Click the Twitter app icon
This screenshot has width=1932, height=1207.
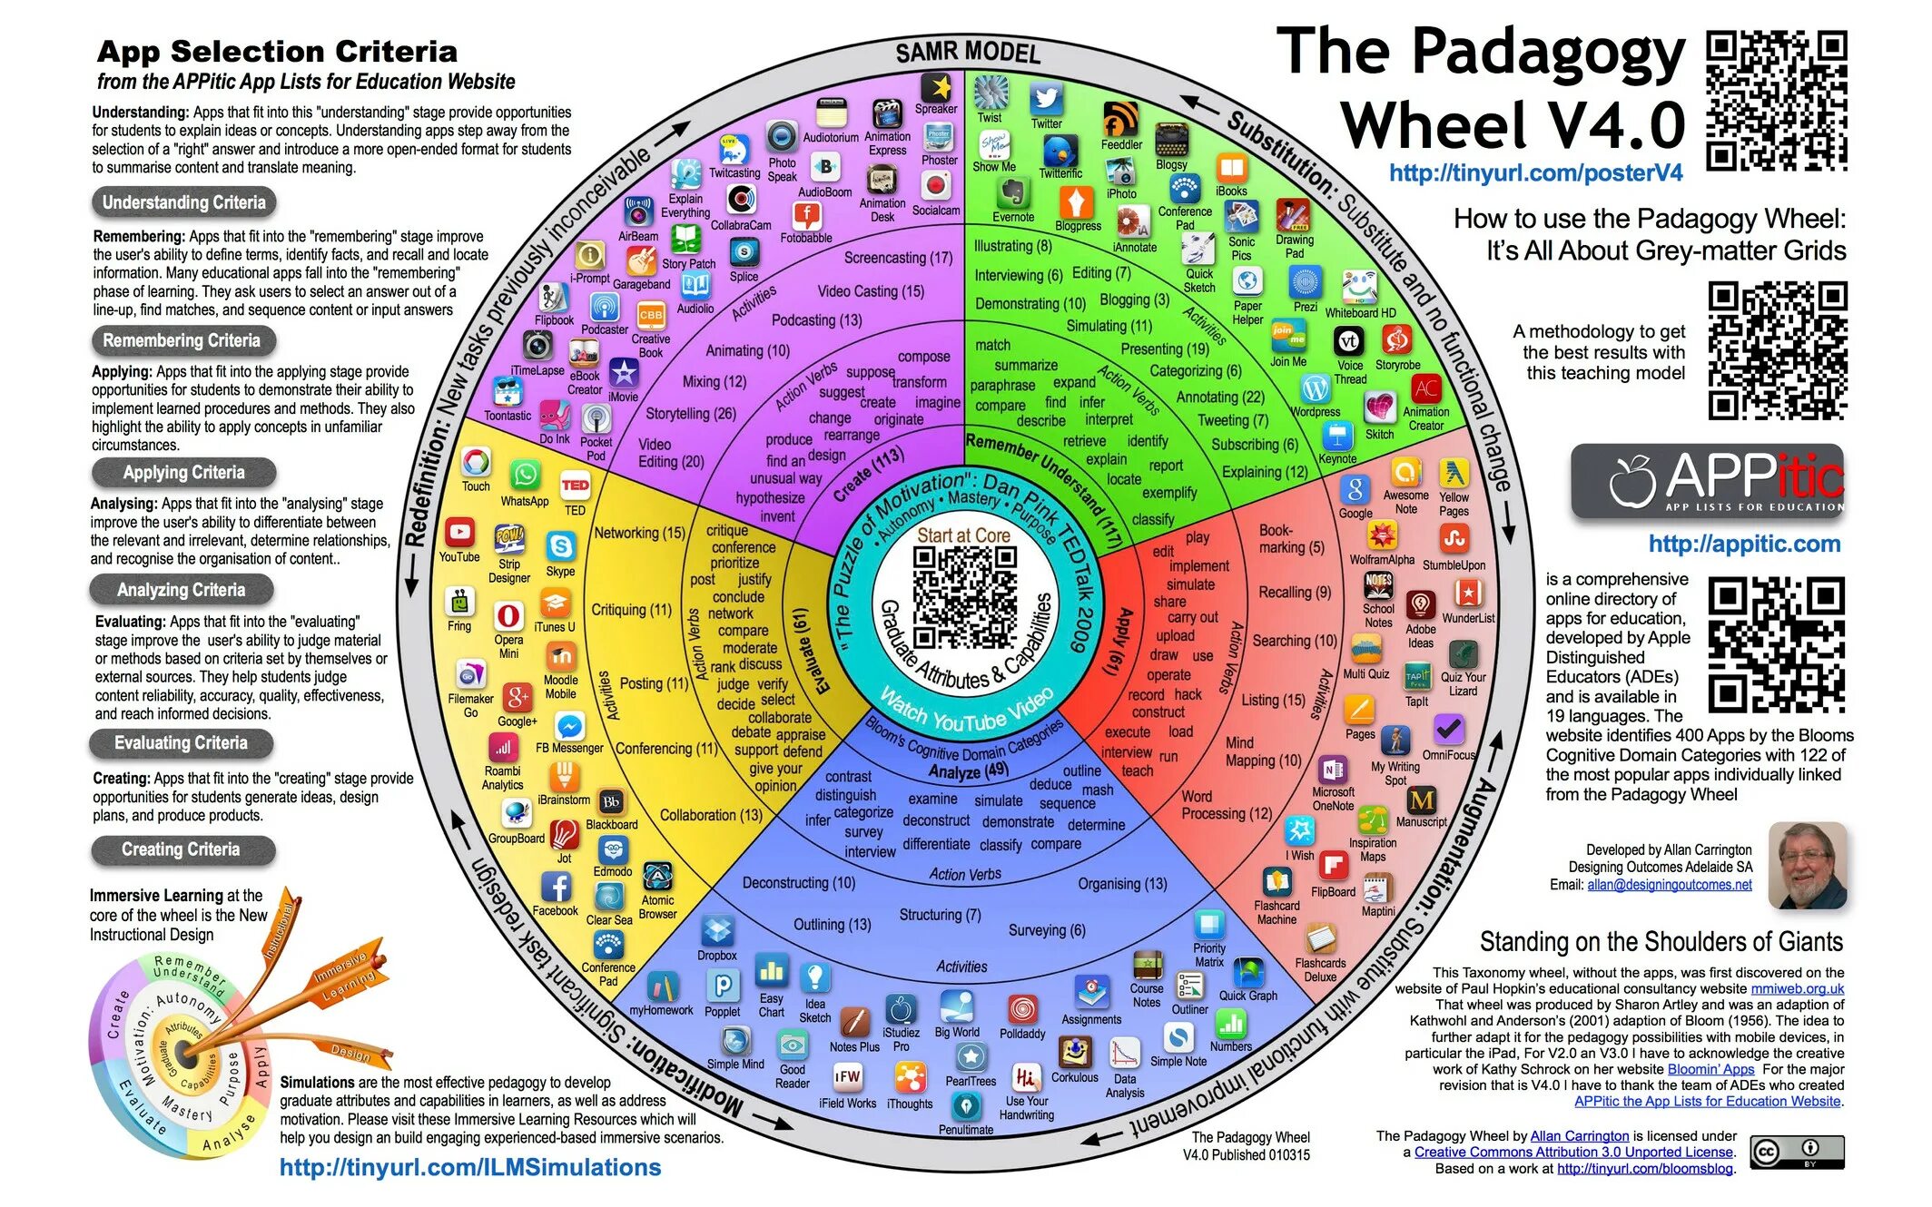[1046, 98]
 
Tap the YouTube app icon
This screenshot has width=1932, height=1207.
[459, 533]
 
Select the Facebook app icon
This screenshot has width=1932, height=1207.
[556, 887]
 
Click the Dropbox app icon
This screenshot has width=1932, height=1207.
[717, 930]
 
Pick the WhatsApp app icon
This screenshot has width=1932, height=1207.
[525, 476]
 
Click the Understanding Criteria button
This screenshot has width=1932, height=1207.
[183, 202]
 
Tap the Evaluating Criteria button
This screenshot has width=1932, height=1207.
[181, 743]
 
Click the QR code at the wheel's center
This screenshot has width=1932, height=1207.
[964, 596]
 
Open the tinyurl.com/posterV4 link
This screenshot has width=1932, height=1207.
[1535, 172]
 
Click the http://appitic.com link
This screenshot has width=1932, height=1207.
[1744, 544]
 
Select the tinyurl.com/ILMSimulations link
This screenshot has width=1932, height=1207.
[470, 1167]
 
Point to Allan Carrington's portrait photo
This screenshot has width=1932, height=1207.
[1807, 866]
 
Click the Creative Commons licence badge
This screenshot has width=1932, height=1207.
[1797, 1153]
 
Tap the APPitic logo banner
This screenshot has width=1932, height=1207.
[1708, 480]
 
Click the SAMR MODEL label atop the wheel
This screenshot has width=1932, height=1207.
[967, 52]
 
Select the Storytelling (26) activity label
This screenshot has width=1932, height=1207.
[690, 414]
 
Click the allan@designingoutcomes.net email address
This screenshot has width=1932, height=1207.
[1669, 885]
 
